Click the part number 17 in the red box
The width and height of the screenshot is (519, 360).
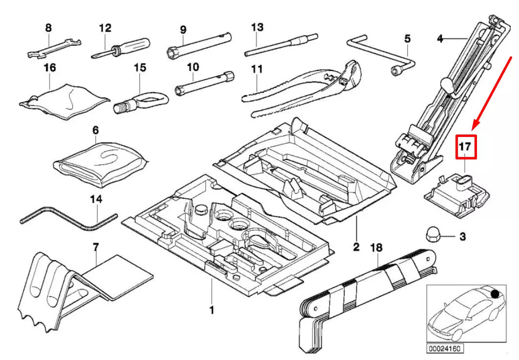point(465,146)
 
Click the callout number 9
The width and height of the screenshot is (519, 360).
point(183,30)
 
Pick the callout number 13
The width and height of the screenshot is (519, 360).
point(258,27)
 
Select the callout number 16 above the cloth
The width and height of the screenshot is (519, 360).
point(50,67)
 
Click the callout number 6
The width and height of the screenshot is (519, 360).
point(95,131)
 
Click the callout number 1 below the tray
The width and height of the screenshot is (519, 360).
point(212,309)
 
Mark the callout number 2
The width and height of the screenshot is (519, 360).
point(356,247)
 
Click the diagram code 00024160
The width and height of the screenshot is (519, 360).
point(445,349)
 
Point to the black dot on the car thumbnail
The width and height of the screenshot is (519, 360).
point(495,294)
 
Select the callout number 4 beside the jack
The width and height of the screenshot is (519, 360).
point(440,38)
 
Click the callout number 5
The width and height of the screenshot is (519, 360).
point(408,39)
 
